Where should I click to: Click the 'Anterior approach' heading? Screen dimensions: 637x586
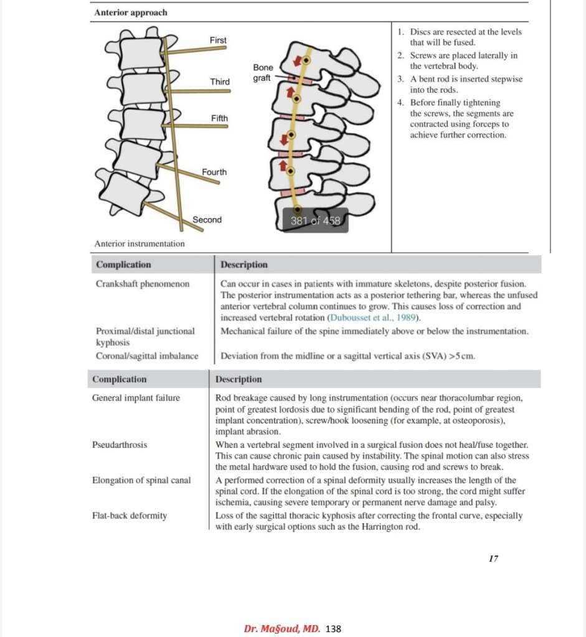(131, 12)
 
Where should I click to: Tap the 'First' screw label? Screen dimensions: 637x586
(218, 40)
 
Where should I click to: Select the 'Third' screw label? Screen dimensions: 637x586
(219, 82)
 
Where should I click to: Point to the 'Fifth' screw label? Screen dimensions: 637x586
(219, 118)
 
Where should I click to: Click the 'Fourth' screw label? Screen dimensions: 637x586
(214, 172)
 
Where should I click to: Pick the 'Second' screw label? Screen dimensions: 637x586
(207, 220)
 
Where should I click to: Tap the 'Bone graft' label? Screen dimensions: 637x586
(263, 73)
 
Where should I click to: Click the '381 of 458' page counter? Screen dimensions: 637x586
(316, 220)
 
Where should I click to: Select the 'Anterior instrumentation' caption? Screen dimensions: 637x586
(139, 243)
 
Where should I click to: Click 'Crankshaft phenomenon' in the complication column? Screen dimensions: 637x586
(143, 284)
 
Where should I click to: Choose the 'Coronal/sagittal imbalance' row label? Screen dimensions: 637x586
(147, 356)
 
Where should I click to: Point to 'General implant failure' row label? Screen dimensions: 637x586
(136, 398)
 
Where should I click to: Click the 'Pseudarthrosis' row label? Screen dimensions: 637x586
(120, 445)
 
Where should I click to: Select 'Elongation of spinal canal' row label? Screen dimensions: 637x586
(141, 480)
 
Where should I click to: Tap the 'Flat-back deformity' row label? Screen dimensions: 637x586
(130, 516)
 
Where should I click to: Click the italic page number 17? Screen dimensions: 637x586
(493, 559)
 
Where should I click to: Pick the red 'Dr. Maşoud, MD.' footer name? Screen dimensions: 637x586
(282, 628)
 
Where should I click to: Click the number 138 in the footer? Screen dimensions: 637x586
(334, 628)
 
